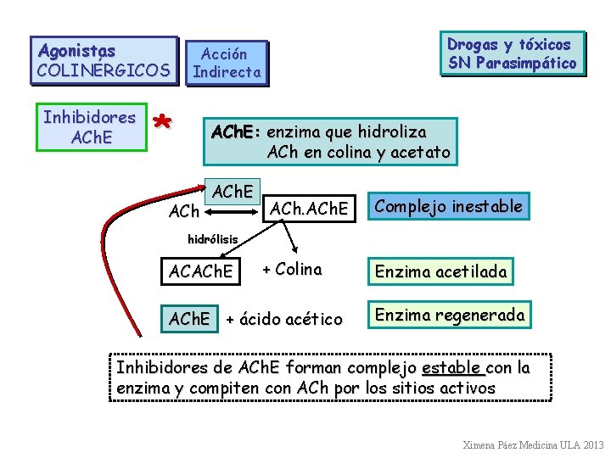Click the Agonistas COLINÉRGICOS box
[104, 60]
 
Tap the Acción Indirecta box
[226, 63]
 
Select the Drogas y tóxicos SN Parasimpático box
[512, 53]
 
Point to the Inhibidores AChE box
[89, 126]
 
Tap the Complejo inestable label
[448, 206]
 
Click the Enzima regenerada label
[450, 315]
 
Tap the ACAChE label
[201, 272]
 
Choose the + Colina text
[292, 271]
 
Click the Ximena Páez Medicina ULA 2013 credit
[533, 444]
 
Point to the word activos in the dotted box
[466, 388]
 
